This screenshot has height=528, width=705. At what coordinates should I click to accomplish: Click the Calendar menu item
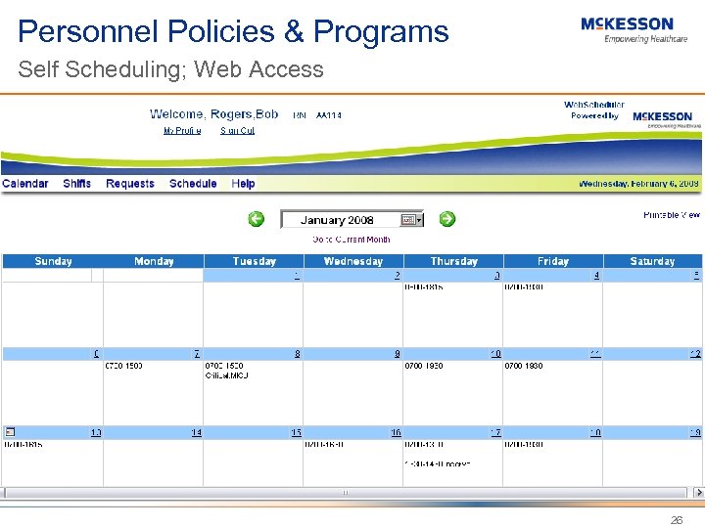(25, 184)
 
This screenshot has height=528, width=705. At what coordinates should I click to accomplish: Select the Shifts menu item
(76, 184)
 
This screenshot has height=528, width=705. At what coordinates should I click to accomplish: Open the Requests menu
(130, 184)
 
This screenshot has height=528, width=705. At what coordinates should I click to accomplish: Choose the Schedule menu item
(193, 184)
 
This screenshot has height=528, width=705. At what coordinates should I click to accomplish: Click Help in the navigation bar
(243, 184)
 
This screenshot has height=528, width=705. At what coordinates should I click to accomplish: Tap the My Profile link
(182, 131)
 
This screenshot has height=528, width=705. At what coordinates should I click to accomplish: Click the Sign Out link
(237, 131)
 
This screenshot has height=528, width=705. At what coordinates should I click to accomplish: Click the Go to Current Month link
(351, 240)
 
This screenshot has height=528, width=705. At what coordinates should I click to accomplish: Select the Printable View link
(671, 215)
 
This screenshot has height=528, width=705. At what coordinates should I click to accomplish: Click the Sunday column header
(53, 261)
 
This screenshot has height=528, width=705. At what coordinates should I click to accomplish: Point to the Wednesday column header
(352, 261)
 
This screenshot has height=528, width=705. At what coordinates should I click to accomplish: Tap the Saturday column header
(652, 261)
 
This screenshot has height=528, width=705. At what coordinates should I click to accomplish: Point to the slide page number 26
(677, 521)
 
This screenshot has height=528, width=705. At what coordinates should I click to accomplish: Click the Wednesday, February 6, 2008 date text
(638, 184)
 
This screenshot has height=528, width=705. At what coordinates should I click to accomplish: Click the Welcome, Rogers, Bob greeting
(213, 114)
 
